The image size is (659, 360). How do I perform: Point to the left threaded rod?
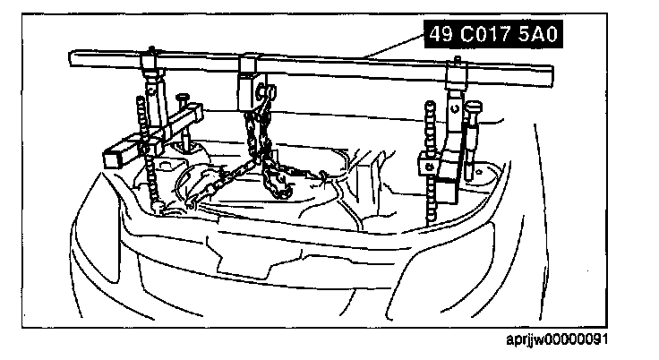141,143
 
